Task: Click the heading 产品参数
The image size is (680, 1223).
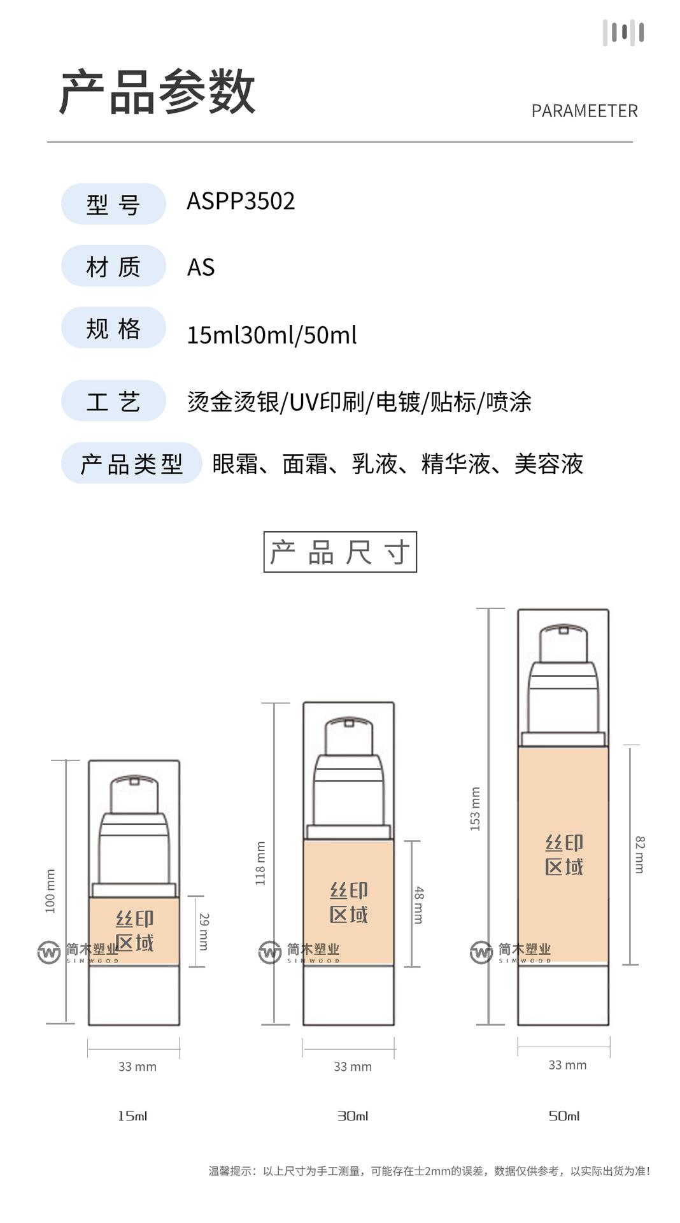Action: [157, 92]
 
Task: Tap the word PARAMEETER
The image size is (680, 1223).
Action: [584, 111]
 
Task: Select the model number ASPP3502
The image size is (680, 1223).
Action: [241, 201]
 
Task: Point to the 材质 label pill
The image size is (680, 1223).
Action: [113, 266]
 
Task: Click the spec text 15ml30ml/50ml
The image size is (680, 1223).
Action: [271, 335]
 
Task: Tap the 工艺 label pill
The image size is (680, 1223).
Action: [113, 401]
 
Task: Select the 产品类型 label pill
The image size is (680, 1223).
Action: [131, 464]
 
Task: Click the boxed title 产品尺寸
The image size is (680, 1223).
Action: [340, 552]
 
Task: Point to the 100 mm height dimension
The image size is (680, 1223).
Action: [51, 890]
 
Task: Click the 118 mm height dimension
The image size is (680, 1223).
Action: [260, 863]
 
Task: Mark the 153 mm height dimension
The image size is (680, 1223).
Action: [475, 808]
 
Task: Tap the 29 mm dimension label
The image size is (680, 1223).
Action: [204, 931]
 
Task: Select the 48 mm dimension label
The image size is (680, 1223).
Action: [418, 905]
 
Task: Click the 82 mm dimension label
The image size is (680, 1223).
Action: [640, 854]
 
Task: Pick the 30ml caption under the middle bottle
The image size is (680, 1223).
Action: [353, 1115]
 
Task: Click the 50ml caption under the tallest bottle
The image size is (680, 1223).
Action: [564, 1115]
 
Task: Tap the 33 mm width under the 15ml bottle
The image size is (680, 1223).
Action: [137, 1066]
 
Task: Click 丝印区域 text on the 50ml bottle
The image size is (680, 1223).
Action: [564, 855]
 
